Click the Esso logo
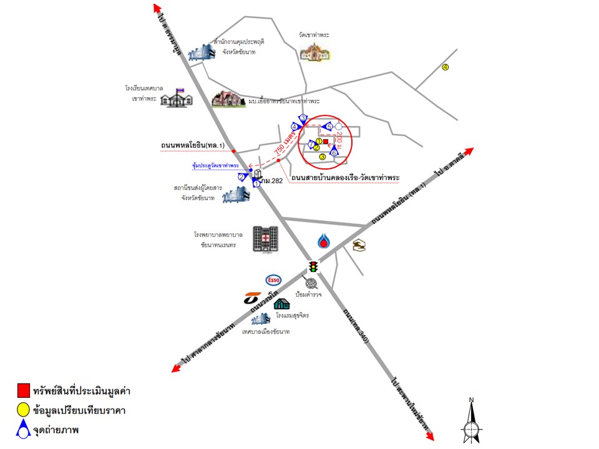(x=273, y=280)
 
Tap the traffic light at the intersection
(x=313, y=267)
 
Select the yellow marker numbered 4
(x=446, y=67)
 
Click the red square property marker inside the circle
(x=326, y=142)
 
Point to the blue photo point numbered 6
(x=334, y=151)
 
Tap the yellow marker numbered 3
(x=323, y=157)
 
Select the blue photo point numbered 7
(x=312, y=145)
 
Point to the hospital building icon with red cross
(x=265, y=239)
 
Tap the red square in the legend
(x=22, y=391)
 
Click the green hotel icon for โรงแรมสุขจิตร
(x=282, y=304)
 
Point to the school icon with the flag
(x=176, y=97)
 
